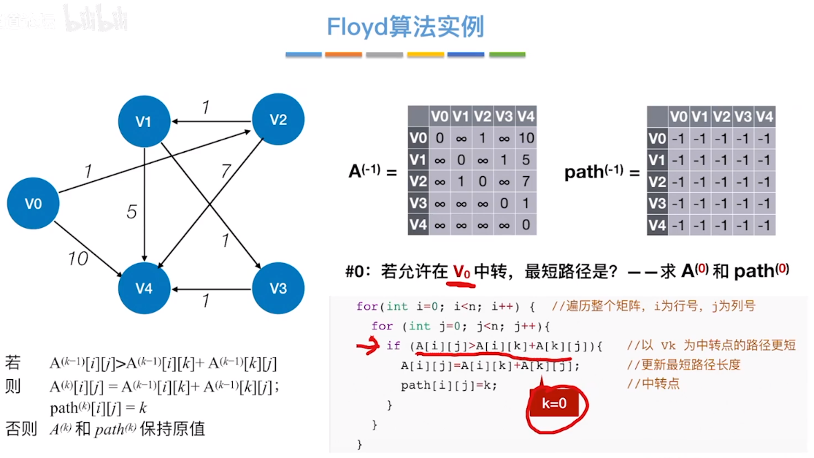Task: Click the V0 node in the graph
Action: pos(34,204)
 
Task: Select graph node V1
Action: pos(144,121)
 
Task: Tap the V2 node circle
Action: pos(278,120)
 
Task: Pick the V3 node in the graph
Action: pos(278,288)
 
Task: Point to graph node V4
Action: pos(144,288)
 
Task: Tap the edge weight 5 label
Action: pos(131,213)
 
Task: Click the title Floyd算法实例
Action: pos(405,28)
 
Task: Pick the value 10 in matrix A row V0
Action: pos(526,138)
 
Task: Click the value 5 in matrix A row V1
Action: pos(526,160)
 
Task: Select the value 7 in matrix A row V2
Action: pos(526,181)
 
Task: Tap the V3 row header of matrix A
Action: pos(418,203)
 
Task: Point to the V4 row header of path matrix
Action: pos(658,225)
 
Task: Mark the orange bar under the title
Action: pos(343,55)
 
